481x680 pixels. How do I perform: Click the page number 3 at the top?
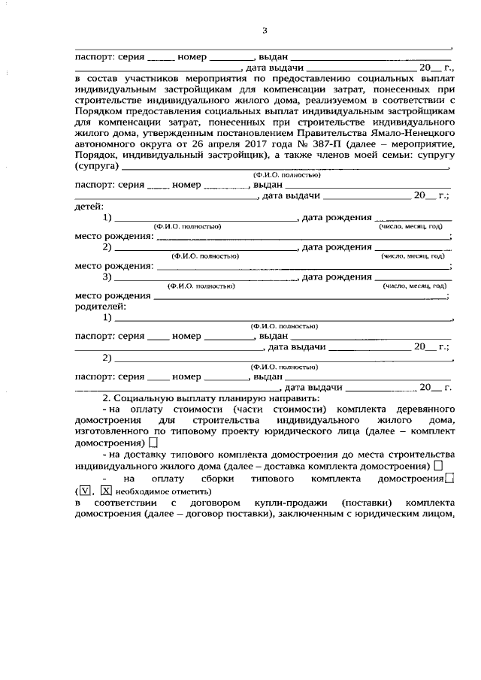click(264, 31)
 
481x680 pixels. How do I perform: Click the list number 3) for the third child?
click(107, 277)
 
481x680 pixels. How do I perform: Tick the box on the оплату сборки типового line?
click(449, 478)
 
